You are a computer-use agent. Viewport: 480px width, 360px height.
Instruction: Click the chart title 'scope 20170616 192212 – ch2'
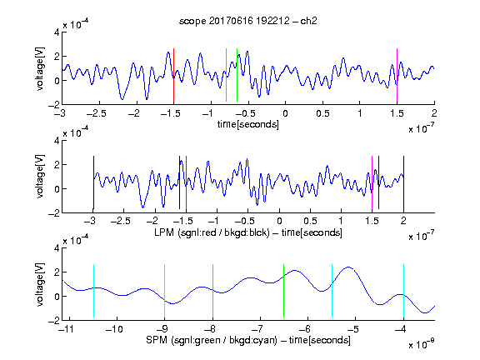[248, 21]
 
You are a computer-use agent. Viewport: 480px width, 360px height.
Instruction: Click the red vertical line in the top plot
[173, 75]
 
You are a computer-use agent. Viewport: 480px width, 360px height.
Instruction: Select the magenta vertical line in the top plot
[397, 75]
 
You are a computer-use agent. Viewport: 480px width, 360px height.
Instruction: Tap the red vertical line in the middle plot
[186, 182]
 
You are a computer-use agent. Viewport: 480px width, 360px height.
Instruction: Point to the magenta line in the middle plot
[372, 182]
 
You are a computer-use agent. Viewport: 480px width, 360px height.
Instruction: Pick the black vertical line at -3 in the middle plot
[93, 182]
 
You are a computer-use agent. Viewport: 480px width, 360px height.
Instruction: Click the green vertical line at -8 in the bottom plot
[212, 291]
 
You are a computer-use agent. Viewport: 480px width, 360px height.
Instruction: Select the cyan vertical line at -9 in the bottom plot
[164, 291]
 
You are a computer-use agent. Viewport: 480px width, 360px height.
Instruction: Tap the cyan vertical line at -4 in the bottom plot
[403, 291]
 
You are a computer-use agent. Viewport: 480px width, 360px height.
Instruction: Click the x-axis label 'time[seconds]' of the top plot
[248, 124]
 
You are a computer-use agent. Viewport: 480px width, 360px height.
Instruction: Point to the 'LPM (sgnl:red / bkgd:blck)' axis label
[212, 232]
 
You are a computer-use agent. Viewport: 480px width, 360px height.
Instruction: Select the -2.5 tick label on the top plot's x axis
[96, 113]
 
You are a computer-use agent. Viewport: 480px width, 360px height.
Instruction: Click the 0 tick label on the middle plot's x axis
[279, 221]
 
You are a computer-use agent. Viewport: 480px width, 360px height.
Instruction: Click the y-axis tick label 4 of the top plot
[57, 32]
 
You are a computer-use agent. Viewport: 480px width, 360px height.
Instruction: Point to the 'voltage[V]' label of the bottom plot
[40, 284]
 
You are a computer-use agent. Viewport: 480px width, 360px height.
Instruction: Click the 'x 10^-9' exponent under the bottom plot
[422, 344]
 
